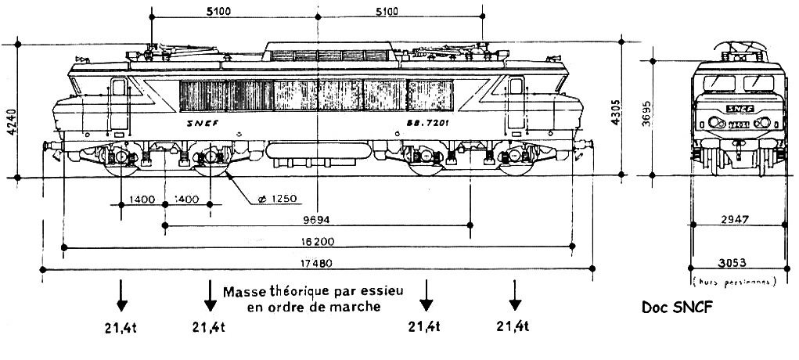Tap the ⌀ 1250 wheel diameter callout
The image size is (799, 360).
click(265, 199)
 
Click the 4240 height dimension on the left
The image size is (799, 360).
click(10, 122)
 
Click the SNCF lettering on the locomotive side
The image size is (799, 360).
click(203, 124)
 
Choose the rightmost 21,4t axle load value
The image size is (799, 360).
click(514, 326)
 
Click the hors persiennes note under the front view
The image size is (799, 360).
click(733, 279)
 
